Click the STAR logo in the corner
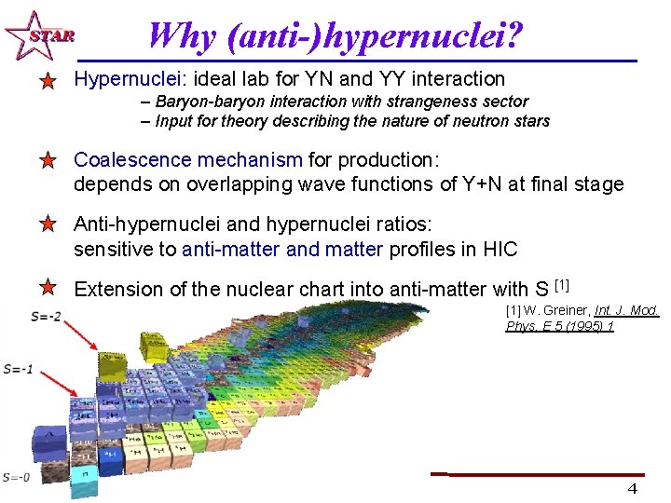point(36,35)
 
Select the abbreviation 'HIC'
point(500,250)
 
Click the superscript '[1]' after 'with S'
point(561,284)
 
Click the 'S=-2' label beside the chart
point(46,317)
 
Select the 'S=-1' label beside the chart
point(18,369)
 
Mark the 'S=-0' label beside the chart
point(16,477)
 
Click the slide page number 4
point(632,489)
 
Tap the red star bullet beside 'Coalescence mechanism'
point(48,161)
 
